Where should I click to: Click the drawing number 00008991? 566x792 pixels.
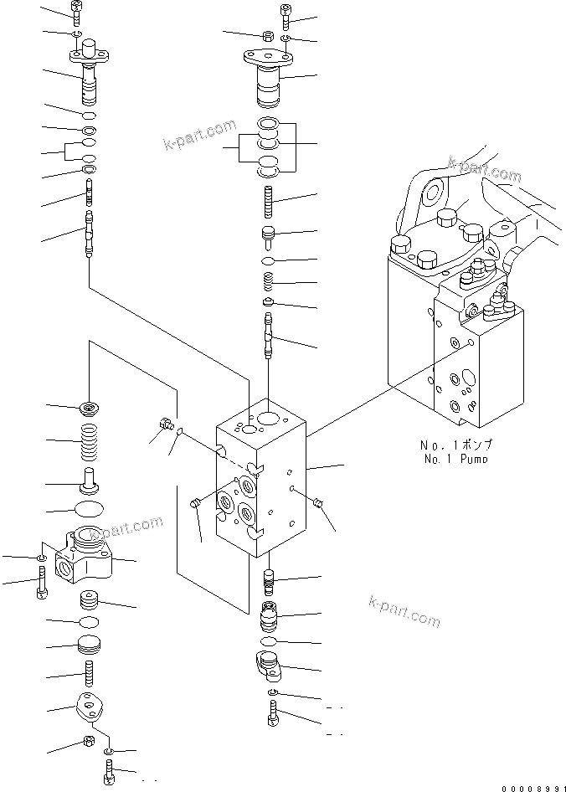coord(532,786)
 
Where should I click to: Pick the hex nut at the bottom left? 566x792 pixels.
coord(86,741)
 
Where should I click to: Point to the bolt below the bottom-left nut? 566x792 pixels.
coord(109,770)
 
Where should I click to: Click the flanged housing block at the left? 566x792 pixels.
coord(88,557)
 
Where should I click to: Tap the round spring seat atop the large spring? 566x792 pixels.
coord(88,409)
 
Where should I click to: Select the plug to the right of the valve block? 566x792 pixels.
coord(318,502)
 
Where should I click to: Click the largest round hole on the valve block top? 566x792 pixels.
coord(270,418)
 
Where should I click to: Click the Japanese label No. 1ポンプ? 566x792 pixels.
coord(455,445)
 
